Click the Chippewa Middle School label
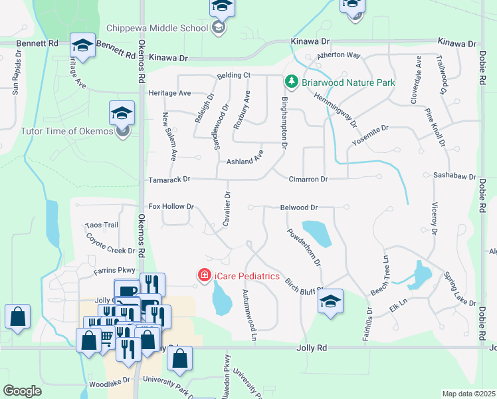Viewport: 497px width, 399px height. pyautogui.click(x=157, y=29)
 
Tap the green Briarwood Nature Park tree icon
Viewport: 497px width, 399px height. pyautogui.click(x=291, y=82)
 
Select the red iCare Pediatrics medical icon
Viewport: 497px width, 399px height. pyautogui.click(x=205, y=275)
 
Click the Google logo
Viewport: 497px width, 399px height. pyautogui.click(x=22, y=390)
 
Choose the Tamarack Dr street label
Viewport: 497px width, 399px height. pyautogui.click(x=169, y=179)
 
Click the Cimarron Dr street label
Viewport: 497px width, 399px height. pyautogui.click(x=308, y=180)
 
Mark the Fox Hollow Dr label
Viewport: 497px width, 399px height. pyautogui.click(x=171, y=207)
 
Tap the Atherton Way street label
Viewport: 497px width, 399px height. pyautogui.click(x=338, y=56)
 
